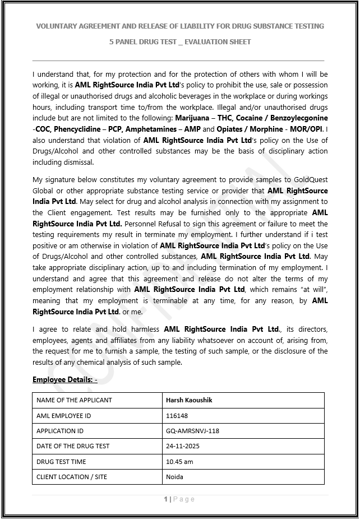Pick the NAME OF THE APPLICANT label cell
[x=74, y=400]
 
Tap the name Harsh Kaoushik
[x=189, y=400]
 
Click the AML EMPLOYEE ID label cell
[x=63, y=416]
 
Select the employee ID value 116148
[x=177, y=416]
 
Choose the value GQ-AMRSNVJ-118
[x=192, y=431]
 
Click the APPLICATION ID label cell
[x=60, y=431]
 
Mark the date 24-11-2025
[x=183, y=446]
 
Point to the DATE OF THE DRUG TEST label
[x=73, y=446]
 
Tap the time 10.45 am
[x=179, y=462]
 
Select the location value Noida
[x=174, y=477]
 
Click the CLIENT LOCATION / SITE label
[x=72, y=477]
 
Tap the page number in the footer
[x=165, y=499]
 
